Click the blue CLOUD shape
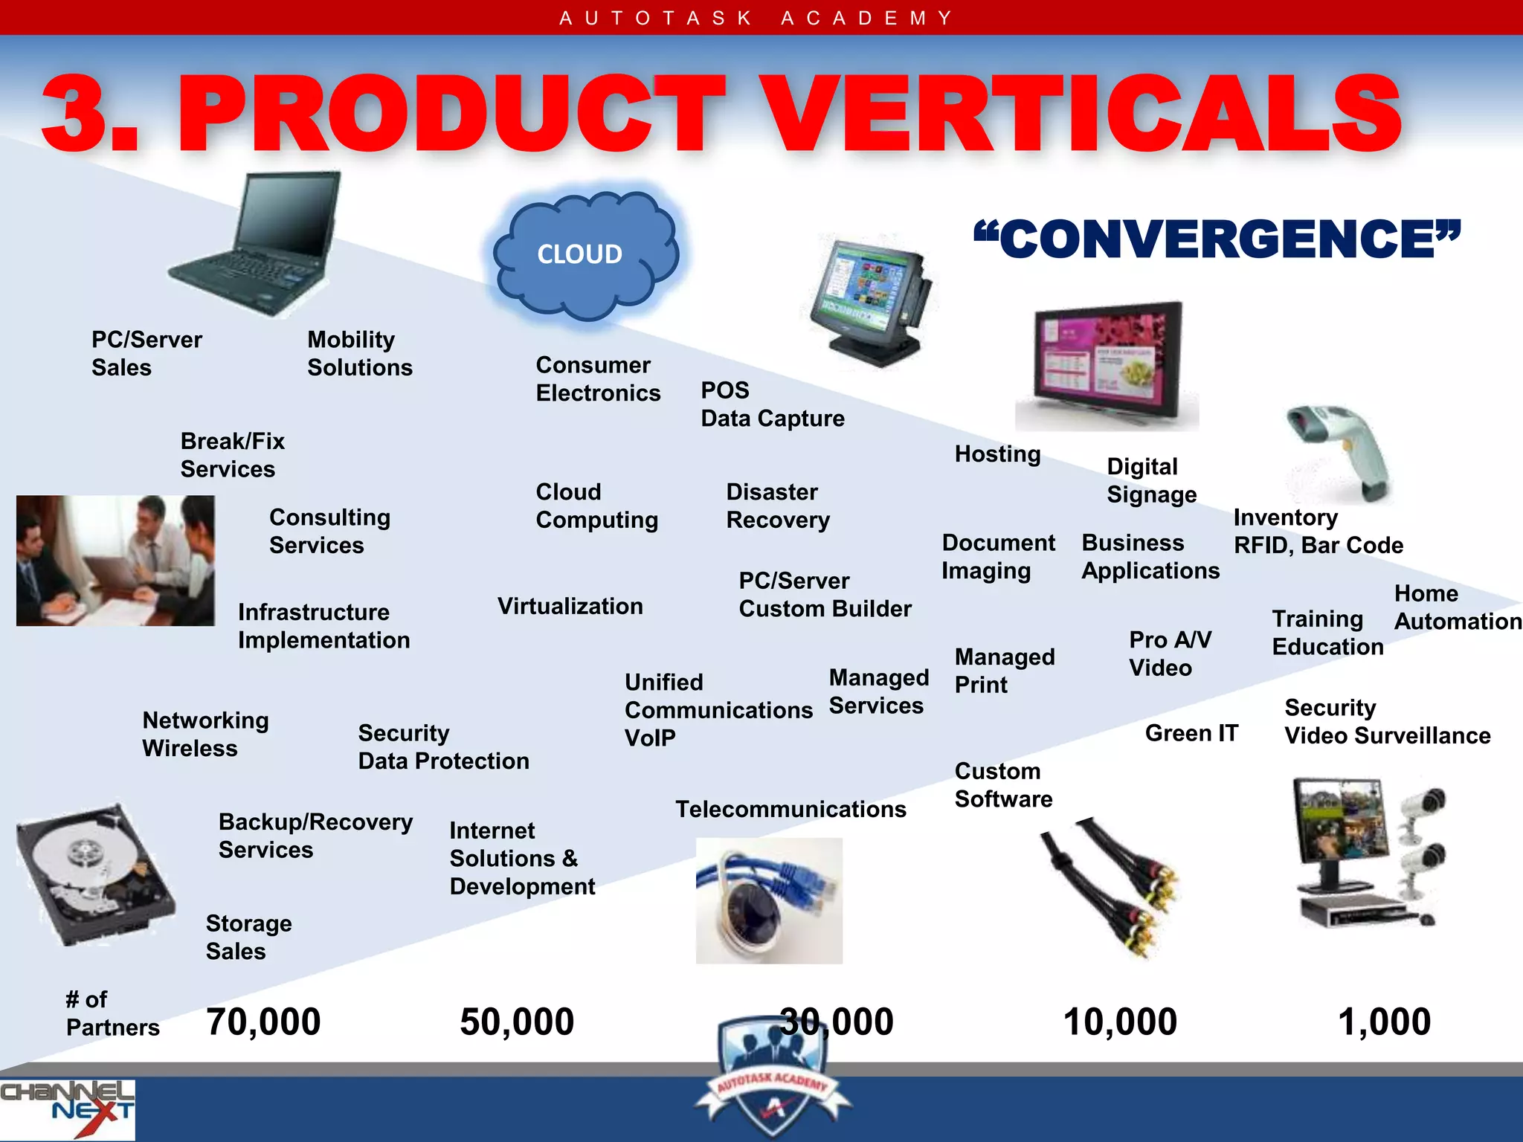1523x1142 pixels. click(x=586, y=254)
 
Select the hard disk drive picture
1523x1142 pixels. click(x=93, y=874)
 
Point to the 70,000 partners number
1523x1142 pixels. click(x=263, y=1022)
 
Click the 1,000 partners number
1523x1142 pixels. click(x=1384, y=1022)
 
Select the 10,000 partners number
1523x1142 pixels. click(x=1120, y=1022)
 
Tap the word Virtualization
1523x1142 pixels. click(x=570, y=606)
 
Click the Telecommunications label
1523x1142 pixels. click(x=791, y=809)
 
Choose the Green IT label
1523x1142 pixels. click(x=1191, y=733)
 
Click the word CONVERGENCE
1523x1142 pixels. click(x=1217, y=239)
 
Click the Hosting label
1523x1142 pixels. click(x=997, y=454)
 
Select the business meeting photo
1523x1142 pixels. click(x=115, y=561)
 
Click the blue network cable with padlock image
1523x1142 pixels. click(x=769, y=900)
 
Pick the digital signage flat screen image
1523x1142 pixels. click(x=1106, y=364)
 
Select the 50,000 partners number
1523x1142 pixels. click(x=517, y=1022)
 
